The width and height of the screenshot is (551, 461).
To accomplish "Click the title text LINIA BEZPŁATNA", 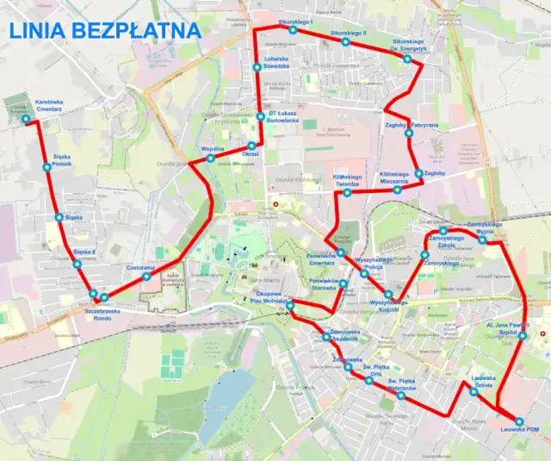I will [105, 31].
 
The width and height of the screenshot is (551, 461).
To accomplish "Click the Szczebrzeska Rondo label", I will [102, 311].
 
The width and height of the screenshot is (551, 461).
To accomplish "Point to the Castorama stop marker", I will [146, 277].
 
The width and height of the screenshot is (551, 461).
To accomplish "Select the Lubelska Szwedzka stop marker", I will [256, 67].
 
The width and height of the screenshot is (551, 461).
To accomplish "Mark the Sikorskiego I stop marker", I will [293, 29].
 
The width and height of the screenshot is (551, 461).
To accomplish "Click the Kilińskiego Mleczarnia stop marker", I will [397, 190].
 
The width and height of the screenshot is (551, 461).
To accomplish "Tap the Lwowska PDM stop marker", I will [519, 421].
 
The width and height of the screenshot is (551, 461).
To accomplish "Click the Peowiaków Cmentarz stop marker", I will [341, 252].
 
